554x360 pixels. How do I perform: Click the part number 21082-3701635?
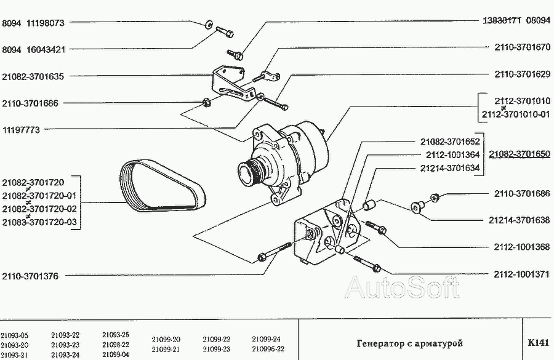(x=33, y=76)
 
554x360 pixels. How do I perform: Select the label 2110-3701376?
(x=30, y=276)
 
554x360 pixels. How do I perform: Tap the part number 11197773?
(x=21, y=130)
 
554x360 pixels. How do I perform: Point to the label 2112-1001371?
(x=521, y=274)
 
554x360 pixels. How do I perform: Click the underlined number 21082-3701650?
(x=520, y=154)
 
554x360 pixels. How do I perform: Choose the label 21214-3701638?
(x=520, y=220)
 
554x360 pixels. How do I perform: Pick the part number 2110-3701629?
(x=522, y=74)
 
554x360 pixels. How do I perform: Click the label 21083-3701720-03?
(x=39, y=222)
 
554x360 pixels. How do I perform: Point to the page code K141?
(x=538, y=343)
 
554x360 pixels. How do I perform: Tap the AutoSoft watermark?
(x=402, y=287)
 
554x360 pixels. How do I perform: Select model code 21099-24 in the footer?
(x=266, y=339)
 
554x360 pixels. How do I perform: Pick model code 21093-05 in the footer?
(x=15, y=335)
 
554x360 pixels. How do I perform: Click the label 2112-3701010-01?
(x=516, y=114)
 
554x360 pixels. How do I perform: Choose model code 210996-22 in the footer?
(x=268, y=349)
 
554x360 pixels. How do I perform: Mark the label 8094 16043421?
(x=34, y=49)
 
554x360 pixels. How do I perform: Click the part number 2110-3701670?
(x=522, y=47)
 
